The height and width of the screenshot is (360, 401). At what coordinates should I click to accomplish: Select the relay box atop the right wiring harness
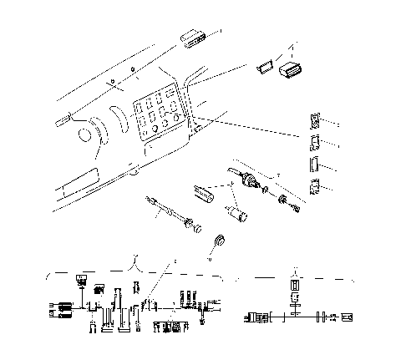[x=294, y=285]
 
